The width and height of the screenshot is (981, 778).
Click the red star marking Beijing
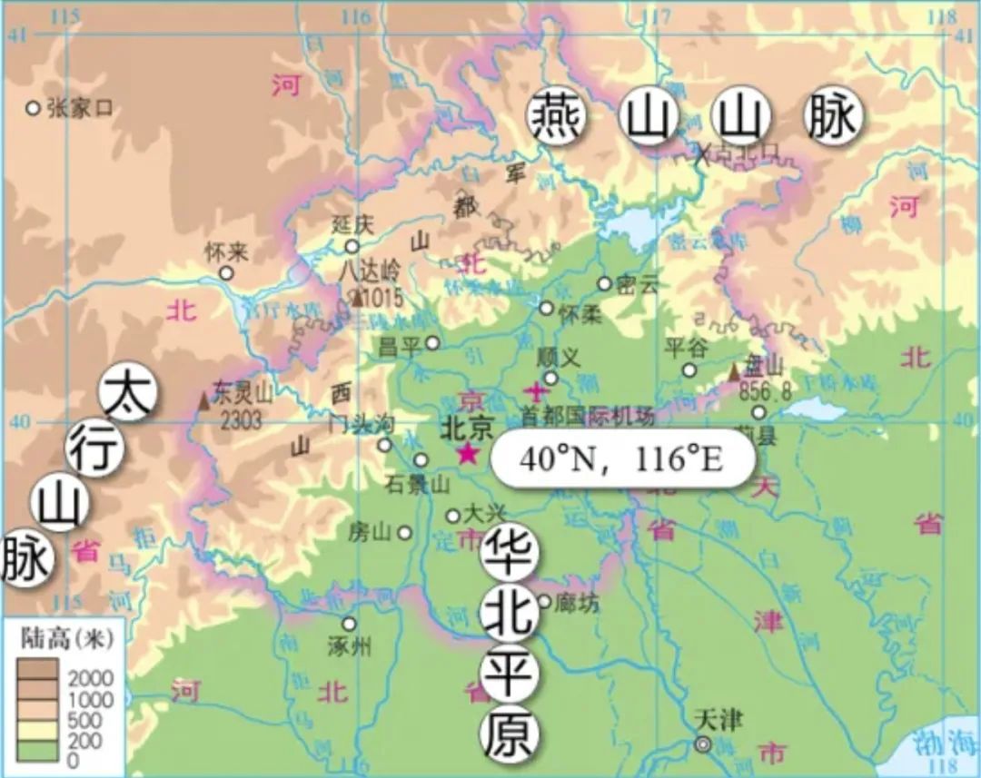[468, 453]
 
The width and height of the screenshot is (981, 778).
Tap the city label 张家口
[80, 108]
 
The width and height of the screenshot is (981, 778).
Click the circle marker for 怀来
[226, 272]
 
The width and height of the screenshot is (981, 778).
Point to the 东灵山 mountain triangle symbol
[204, 399]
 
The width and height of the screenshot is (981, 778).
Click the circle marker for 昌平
[432, 343]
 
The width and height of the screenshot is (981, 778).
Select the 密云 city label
[636, 284]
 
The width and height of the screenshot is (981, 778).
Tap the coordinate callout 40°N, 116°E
[621, 459]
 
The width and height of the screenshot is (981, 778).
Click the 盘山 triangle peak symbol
[735, 372]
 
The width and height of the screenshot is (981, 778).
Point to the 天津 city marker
[703, 744]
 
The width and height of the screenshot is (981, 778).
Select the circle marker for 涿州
[349, 624]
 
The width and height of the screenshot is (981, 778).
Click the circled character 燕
[557, 118]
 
